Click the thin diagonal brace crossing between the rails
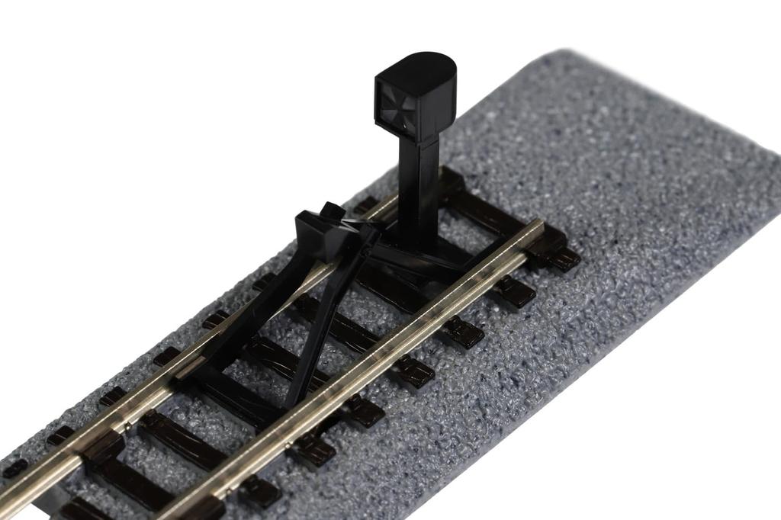320,320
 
